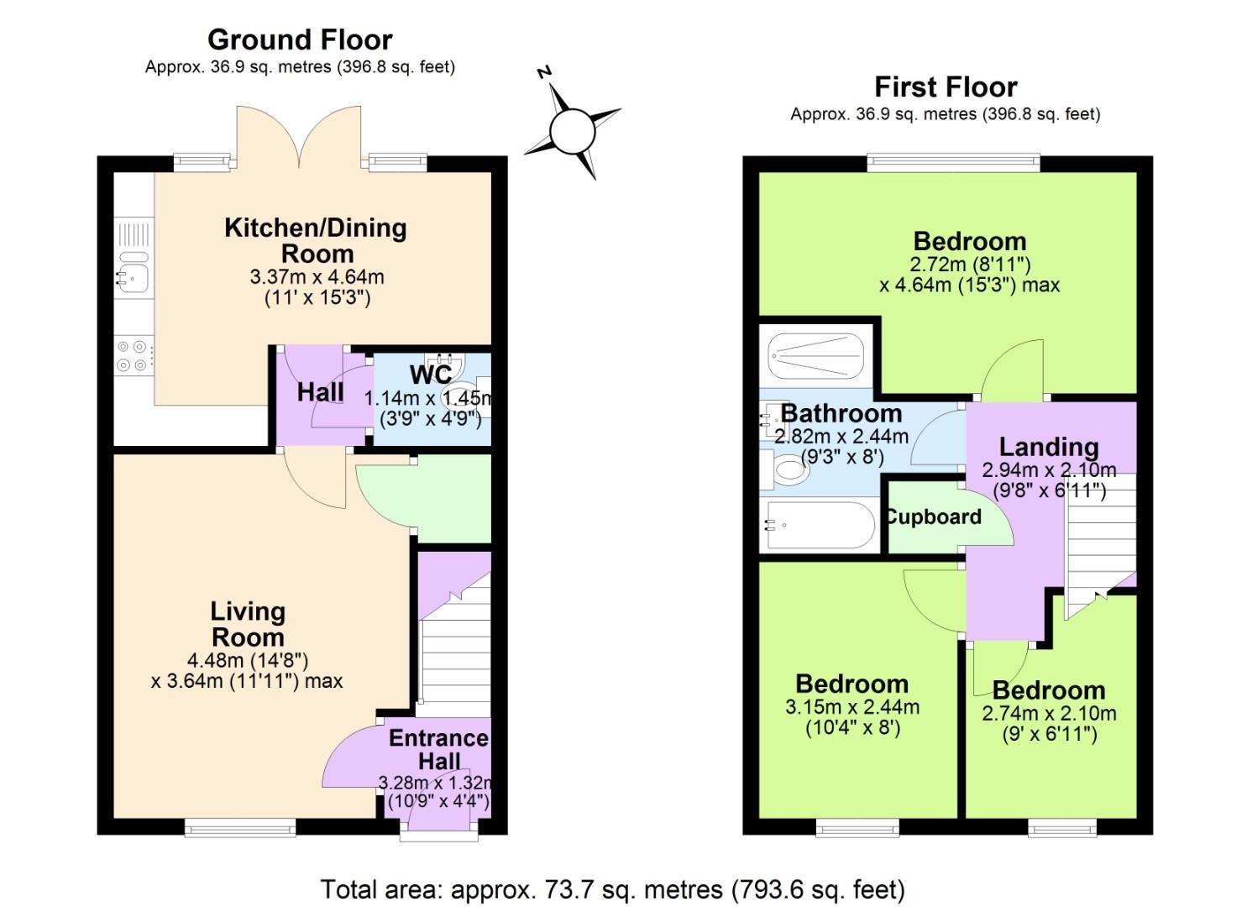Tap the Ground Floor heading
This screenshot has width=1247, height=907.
pos(300,39)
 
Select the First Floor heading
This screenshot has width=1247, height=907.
pos(946,87)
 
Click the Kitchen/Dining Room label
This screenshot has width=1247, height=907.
pos(316,240)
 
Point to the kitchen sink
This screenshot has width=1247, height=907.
pos(133,273)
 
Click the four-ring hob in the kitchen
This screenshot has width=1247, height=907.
pos(134,355)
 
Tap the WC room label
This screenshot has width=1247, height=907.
pos(431,374)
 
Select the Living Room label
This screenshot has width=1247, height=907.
pos(247,624)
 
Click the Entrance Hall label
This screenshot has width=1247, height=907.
pos(438,749)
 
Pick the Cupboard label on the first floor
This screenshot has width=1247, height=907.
pos(934,516)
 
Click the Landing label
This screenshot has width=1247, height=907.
pos(1049,447)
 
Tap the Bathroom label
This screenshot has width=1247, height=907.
pos(841,413)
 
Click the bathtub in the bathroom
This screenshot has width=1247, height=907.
pos(819,527)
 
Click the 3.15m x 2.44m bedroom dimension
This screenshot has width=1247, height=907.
pos(852,707)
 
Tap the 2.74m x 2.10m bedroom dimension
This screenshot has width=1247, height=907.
pos(1049,714)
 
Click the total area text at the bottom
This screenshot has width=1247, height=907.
pos(612,889)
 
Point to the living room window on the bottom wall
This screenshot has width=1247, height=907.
pos(240,828)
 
